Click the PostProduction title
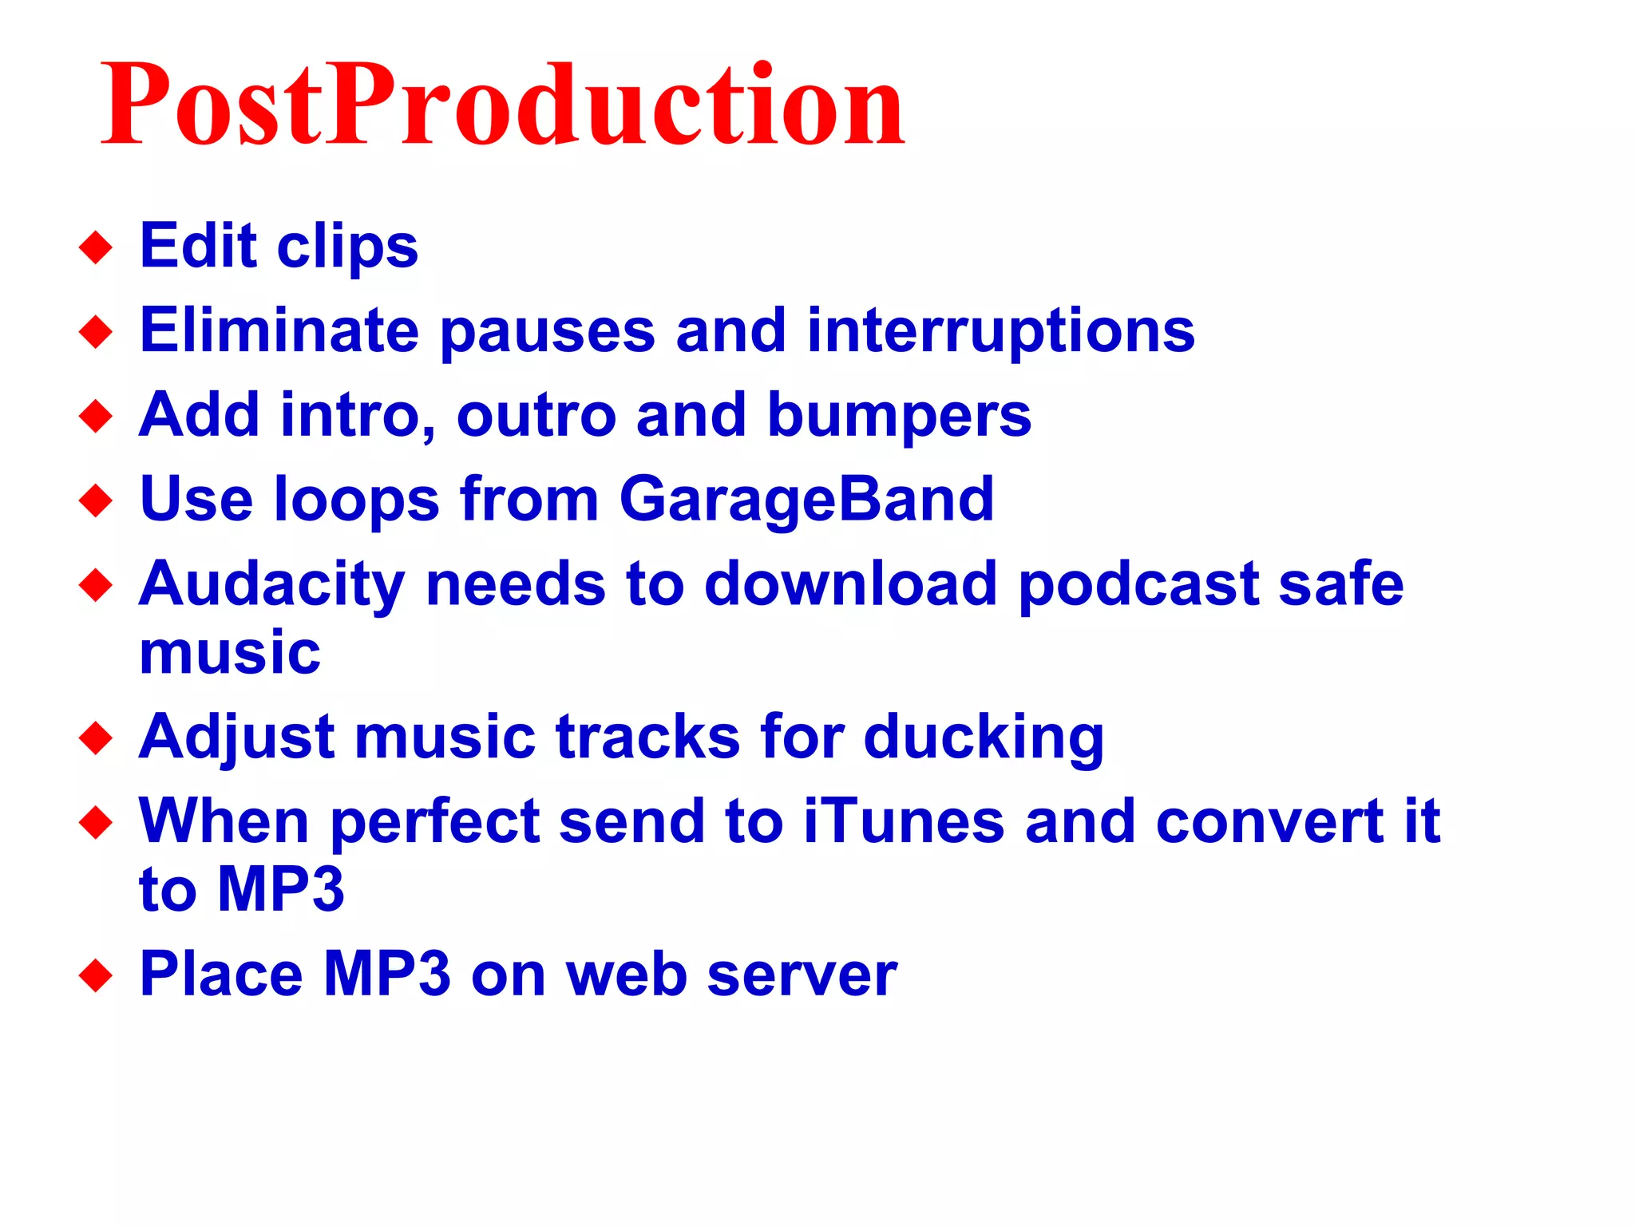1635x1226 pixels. [503, 105]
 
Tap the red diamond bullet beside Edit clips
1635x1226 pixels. [96, 247]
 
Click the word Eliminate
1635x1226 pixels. [279, 330]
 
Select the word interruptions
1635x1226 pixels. [1000, 330]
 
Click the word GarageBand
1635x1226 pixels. [806, 500]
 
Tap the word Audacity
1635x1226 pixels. [271, 584]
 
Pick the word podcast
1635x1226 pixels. [1138, 584]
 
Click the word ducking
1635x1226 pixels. [984, 738]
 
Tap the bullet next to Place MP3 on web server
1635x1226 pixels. [96, 975]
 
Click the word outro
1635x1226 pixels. [536, 416]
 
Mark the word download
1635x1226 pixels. [850, 584]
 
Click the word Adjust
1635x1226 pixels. [236, 738]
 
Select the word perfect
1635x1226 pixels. [435, 823]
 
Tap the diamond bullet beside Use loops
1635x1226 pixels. [96, 501]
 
